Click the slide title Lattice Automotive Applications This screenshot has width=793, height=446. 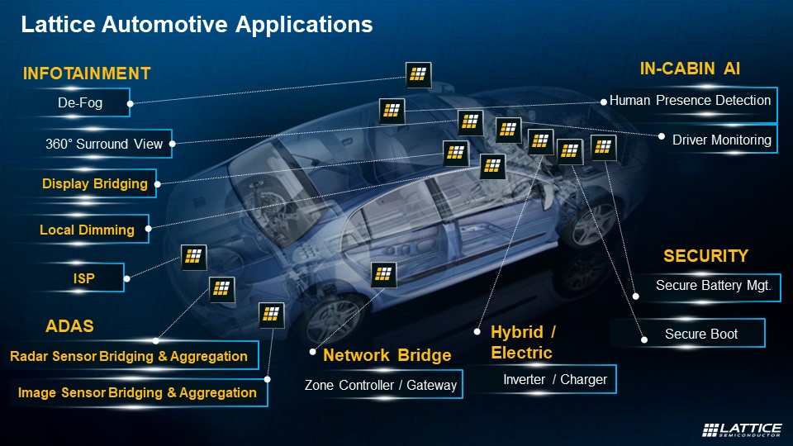pyautogui.click(x=197, y=25)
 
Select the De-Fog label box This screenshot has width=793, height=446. pyautogui.click(x=80, y=103)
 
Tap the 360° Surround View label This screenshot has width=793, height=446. pyautogui.click(x=104, y=144)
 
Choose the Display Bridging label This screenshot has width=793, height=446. pyautogui.click(x=94, y=183)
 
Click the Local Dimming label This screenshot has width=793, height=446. pyautogui.click(x=87, y=230)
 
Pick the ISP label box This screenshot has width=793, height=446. pyautogui.click(x=83, y=279)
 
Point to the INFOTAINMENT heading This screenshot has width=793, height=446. pyautogui.click(x=87, y=74)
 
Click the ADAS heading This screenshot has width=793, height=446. pyautogui.click(x=69, y=326)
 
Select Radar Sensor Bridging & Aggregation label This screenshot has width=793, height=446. pyautogui.click(x=129, y=357)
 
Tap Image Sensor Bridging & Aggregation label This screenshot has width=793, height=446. pyautogui.click(x=137, y=393)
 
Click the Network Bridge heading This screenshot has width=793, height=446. pyautogui.click(x=387, y=356)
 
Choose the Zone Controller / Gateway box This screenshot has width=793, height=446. pyautogui.click(x=380, y=385)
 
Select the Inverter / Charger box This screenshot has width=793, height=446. pyautogui.click(x=555, y=380)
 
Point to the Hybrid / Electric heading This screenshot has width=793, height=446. pyautogui.click(x=524, y=342)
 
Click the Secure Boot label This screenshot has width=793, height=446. pyautogui.click(x=701, y=334)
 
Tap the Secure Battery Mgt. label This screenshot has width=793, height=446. pyautogui.click(x=713, y=287)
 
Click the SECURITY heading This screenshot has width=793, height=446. pyautogui.click(x=705, y=256)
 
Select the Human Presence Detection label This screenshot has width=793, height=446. pyautogui.click(x=690, y=101)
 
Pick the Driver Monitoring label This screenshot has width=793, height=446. pyautogui.click(x=721, y=140)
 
